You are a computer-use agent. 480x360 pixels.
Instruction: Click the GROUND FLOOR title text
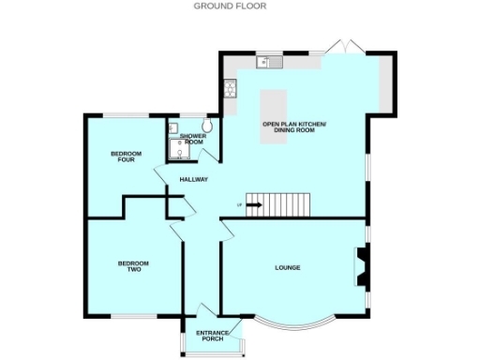pyautogui.click(x=230, y=6)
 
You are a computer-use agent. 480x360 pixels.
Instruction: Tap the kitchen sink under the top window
pyautogui.click(x=268, y=63)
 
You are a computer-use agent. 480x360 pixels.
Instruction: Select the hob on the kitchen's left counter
pyautogui.click(x=229, y=90)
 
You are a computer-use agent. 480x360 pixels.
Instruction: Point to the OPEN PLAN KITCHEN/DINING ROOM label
pyautogui.click(x=294, y=127)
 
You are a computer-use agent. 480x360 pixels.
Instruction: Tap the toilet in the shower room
pyautogui.click(x=207, y=125)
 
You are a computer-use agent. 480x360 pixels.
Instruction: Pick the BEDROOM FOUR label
pyautogui.click(x=125, y=156)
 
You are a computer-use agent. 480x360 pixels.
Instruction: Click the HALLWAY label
pyautogui.click(x=193, y=179)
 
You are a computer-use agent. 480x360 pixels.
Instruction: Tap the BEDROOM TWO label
pyautogui.click(x=134, y=266)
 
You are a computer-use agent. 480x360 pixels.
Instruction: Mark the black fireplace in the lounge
pyautogui.click(x=361, y=265)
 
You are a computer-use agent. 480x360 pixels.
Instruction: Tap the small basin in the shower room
pyautogui.click(x=173, y=127)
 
